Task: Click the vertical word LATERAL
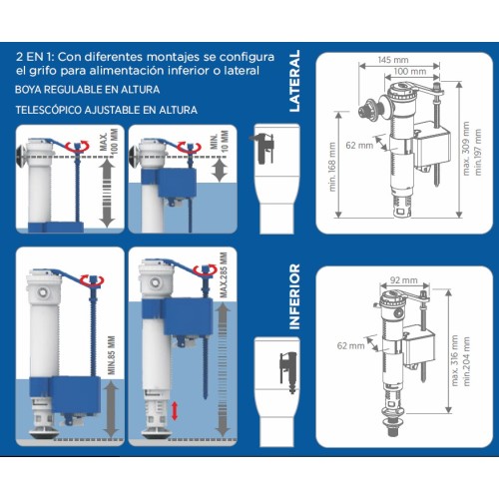click(x=294, y=81)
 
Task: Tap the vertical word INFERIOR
click(x=294, y=296)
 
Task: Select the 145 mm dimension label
click(x=393, y=60)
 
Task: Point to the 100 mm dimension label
click(x=410, y=71)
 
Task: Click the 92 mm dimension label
click(x=404, y=280)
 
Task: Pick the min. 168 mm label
click(x=332, y=167)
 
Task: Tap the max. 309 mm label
click(x=466, y=149)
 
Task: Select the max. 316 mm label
click(x=454, y=360)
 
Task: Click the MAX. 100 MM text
click(x=109, y=142)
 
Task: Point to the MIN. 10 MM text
click(x=220, y=141)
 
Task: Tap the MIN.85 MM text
click(x=112, y=355)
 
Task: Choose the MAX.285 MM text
click(x=224, y=275)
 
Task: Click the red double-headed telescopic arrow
click(x=175, y=411)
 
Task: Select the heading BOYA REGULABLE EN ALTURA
click(x=87, y=90)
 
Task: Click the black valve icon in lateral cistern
click(x=262, y=148)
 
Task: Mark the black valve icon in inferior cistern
click(x=288, y=372)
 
